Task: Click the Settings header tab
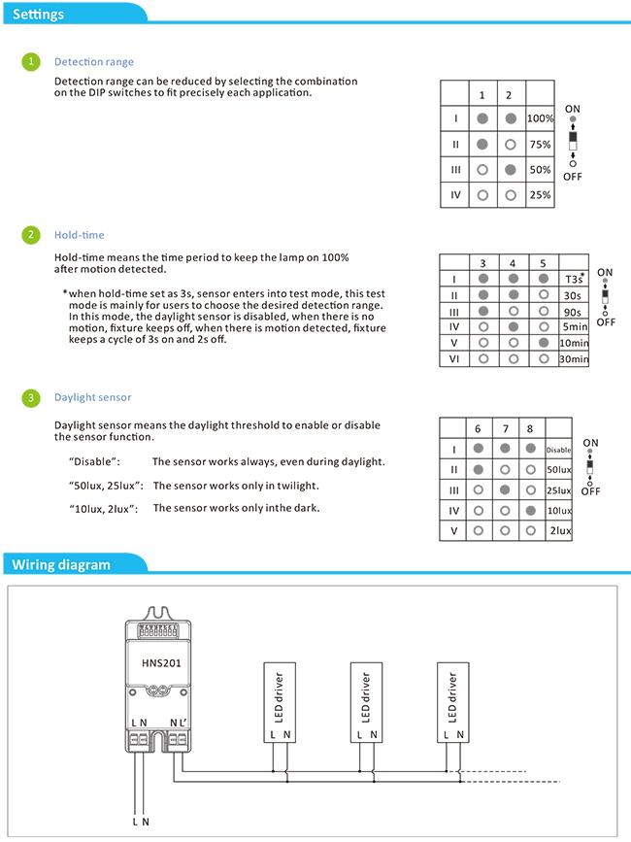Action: click(39, 15)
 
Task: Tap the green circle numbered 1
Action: click(32, 62)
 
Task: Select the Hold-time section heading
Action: click(80, 235)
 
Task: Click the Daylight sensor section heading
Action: click(93, 397)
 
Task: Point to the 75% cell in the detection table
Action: click(540, 144)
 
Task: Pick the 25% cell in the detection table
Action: click(540, 195)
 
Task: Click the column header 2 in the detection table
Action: click(510, 95)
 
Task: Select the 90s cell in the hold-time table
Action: click(573, 312)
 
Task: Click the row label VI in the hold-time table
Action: click(454, 359)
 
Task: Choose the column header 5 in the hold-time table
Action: click(542, 263)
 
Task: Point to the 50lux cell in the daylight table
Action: click(559, 469)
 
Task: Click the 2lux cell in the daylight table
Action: click(560, 531)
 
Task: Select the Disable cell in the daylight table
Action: click(558, 450)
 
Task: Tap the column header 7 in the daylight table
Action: click(504, 428)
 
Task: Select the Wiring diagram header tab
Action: click(60, 564)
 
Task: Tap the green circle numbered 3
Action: click(32, 397)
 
